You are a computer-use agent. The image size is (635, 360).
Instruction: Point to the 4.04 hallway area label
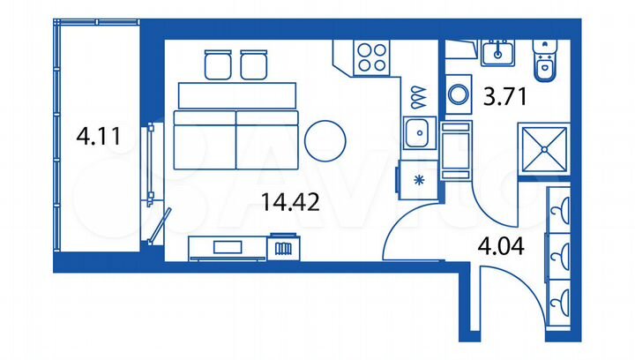[x=501, y=246]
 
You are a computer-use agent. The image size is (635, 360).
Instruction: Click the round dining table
[x=325, y=139]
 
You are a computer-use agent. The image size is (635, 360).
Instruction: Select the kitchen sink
[x=415, y=133]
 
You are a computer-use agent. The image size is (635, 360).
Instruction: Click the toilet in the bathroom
[x=544, y=59]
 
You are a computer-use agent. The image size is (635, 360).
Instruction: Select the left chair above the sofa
[x=216, y=64]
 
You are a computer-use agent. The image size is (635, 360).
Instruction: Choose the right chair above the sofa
[x=254, y=64]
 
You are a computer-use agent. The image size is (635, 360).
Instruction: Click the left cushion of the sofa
[x=204, y=141]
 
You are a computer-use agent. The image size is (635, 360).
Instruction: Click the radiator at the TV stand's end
[x=283, y=248]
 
